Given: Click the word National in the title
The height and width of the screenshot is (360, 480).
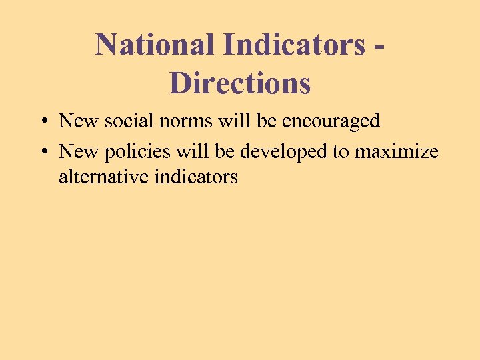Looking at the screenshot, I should click(x=155, y=45).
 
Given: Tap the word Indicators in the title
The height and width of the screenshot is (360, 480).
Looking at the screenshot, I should click(x=295, y=45).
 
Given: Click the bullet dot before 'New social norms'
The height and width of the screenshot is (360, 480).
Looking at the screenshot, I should click(x=42, y=121).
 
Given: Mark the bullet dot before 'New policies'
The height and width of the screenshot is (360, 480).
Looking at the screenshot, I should click(x=42, y=153).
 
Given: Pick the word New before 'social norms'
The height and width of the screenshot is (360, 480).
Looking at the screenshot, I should click(x=79, y=121).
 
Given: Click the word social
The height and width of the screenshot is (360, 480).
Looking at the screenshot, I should click(x=125, y=121).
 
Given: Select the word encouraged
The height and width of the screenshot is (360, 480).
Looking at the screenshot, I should click(x=331, y=122).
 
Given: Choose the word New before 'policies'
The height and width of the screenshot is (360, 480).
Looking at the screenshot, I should click(x=79, y=152).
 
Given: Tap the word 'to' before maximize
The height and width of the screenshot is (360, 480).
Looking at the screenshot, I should click(x=341, y=153).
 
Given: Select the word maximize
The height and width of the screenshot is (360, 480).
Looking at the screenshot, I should click(x=396, y=152).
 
